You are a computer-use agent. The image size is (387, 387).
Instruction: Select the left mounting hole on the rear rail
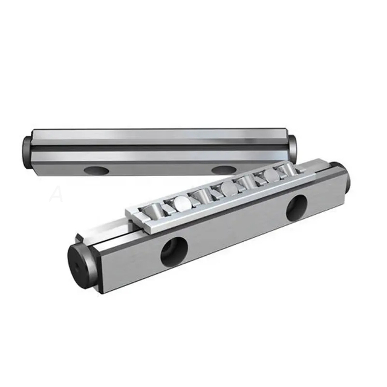pyautogui.click(x=95, y=169)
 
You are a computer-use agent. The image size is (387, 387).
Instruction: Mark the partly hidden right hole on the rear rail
pyautogui.click(x=224, y=170)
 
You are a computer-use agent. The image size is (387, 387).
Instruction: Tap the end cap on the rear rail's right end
pyautogui.click(x=293, y=145)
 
